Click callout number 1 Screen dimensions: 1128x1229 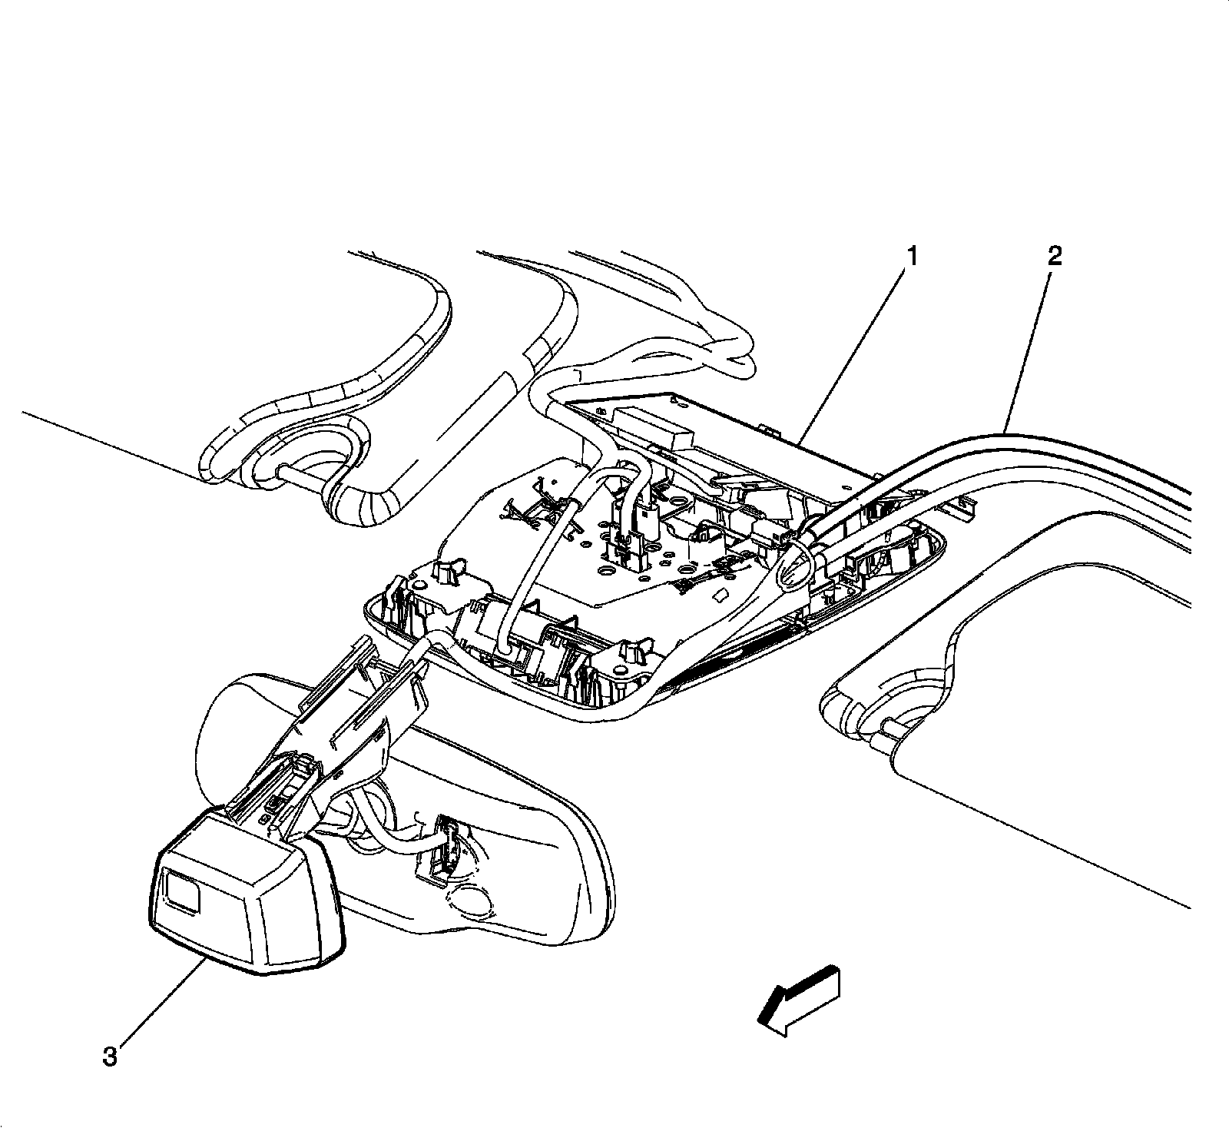tap(912, 257)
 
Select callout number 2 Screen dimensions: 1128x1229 tap(1055, 257)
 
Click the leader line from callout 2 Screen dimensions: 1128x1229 tap(1030, 346)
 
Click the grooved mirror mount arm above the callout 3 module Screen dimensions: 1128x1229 tap(346, 715)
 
